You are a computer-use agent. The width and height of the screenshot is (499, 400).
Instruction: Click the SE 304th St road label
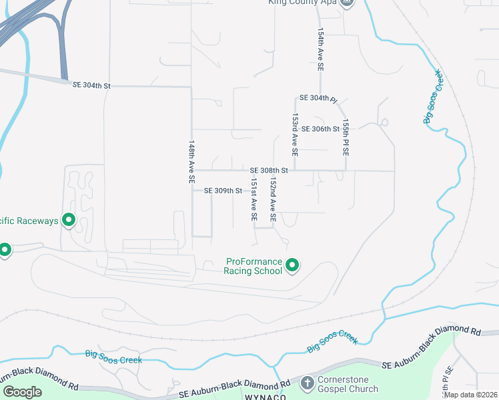[91, 85]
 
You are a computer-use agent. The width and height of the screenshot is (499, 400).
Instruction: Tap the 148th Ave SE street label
[191, 162]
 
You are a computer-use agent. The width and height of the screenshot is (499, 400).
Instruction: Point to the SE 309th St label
[222, 191]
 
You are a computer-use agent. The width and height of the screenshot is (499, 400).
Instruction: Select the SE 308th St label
[269, 171]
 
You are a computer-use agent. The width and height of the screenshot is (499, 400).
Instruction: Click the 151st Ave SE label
[254, 199]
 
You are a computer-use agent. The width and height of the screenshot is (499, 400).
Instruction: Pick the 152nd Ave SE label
[273, 200]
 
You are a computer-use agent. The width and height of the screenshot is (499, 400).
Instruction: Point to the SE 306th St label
[321, 129]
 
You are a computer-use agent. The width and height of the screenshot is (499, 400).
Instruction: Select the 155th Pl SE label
[346, 138]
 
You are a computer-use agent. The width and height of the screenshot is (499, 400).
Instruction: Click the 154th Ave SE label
[320, 50]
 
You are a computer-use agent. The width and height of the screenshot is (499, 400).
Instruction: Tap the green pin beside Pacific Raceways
[68, 219]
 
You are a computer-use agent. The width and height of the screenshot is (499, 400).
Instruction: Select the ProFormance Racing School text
[254, 267]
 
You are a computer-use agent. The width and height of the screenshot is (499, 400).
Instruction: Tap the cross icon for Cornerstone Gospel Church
[307, 383]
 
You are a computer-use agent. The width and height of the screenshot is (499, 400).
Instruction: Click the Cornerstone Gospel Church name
[349, 384]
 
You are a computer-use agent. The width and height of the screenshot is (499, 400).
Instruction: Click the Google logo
[21, 392]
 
